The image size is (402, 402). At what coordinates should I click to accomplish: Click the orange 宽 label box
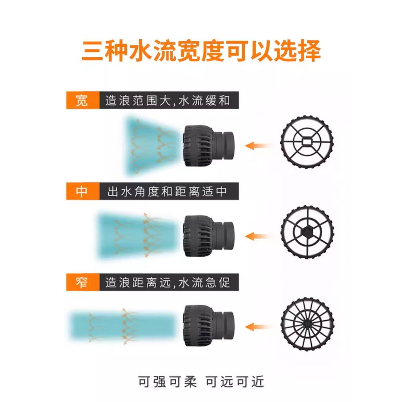(82, 100)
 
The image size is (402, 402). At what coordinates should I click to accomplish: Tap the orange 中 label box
(82, 191)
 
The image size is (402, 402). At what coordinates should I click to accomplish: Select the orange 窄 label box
(82, 282)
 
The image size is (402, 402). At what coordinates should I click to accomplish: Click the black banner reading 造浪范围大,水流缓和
(169, 100)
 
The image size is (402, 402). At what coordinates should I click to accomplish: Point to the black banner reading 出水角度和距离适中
(169, 191)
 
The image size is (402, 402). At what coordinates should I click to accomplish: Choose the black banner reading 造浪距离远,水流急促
(169, 282)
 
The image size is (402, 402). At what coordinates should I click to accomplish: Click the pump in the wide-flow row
(208, 146)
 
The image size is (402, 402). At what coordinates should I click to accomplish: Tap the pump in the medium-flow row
(208, 236)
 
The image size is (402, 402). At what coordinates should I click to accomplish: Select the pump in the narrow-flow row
(208, 325)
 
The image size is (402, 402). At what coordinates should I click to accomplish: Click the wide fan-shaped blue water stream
(151, 146)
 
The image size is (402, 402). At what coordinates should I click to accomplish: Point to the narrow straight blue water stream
(123, 325)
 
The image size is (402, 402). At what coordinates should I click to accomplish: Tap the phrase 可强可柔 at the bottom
(167, 382)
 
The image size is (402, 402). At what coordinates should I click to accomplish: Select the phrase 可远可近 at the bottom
(235, 382)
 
